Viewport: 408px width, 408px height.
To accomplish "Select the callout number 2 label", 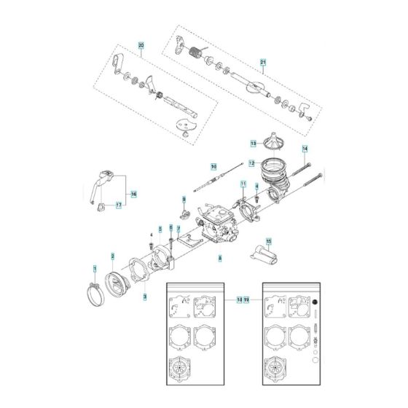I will (x=112, y=256).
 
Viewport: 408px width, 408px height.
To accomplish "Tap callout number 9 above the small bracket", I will (x=184, y=199).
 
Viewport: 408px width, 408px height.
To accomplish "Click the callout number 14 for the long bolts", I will (x=305, y=149).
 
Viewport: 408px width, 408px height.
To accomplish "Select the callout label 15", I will (x=268, y=241).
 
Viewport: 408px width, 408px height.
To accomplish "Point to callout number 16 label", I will (x=133, y=195).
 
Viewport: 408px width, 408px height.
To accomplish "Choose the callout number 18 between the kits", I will (x=240, y=299).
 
